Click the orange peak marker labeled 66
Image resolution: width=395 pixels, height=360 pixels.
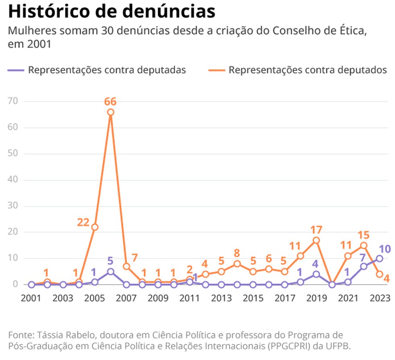(x=110, y=112)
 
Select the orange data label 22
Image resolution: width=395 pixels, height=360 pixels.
(x=83, y=222)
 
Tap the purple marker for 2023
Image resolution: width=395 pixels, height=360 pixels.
(x=379, y=258)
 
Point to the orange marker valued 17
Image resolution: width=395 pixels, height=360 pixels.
(x=316, y=240)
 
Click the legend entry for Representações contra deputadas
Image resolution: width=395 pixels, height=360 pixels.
(x=97, y=70)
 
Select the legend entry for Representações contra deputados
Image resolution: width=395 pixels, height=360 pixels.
(x=298, y=70)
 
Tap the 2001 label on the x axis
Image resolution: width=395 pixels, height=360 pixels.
(x=31, y=299)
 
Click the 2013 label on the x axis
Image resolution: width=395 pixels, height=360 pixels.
(x=221, y=299)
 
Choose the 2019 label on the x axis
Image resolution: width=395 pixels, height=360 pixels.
(x=316, y=299)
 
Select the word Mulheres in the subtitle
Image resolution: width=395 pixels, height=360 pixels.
(x=29, y=31)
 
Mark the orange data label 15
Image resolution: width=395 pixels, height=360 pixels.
(x=364, y=235)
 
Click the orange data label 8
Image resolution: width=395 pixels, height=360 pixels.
(x=237, y=253)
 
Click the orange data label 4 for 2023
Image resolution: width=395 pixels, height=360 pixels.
(x=386, y=278)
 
